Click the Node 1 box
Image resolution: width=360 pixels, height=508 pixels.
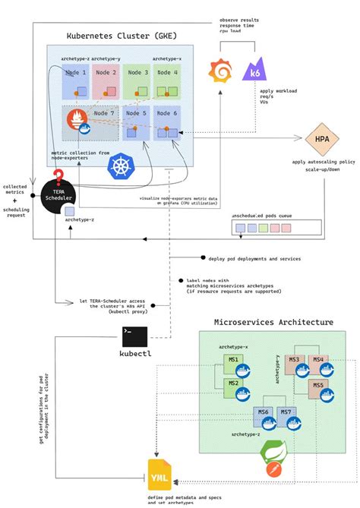coord(76,82)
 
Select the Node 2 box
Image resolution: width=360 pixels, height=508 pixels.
coord(106,82)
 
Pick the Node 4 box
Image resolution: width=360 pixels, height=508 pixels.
coord(168,82)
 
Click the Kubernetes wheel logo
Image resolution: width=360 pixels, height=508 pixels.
coord(119,167)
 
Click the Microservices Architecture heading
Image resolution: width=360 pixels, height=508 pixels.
coord(273,322)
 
